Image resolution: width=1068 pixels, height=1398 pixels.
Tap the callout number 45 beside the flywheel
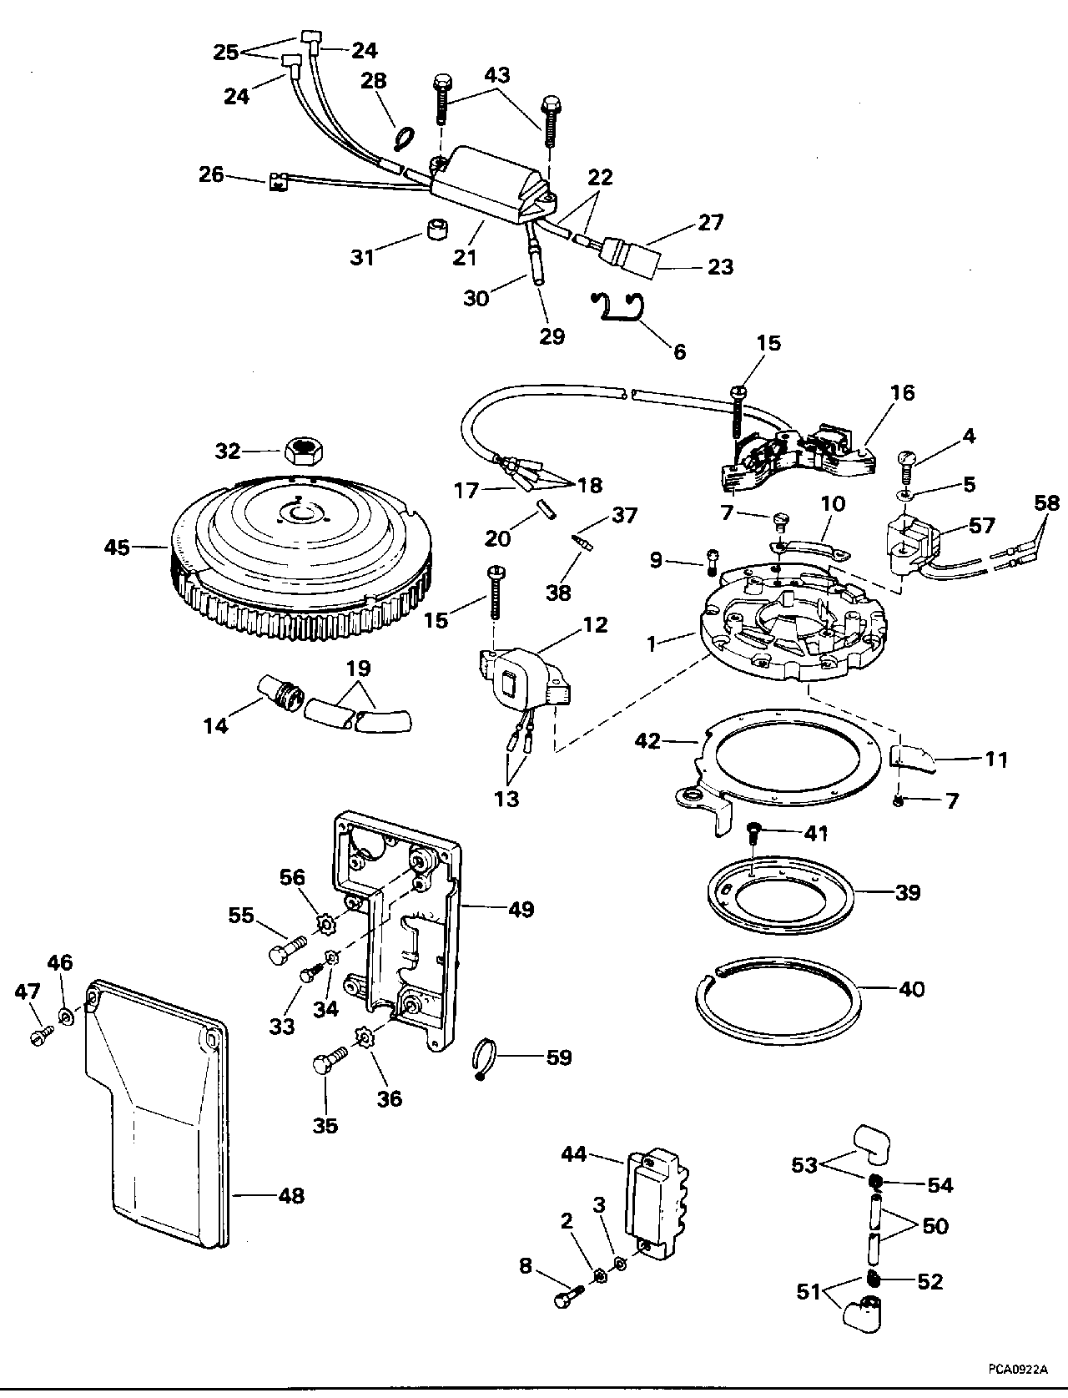coord(118,548)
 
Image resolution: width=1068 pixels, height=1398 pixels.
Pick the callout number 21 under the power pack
coord(465,258)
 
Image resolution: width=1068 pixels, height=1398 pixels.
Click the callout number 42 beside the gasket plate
coord(648,741)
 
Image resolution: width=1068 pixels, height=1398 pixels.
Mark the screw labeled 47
coord(38,1035)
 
